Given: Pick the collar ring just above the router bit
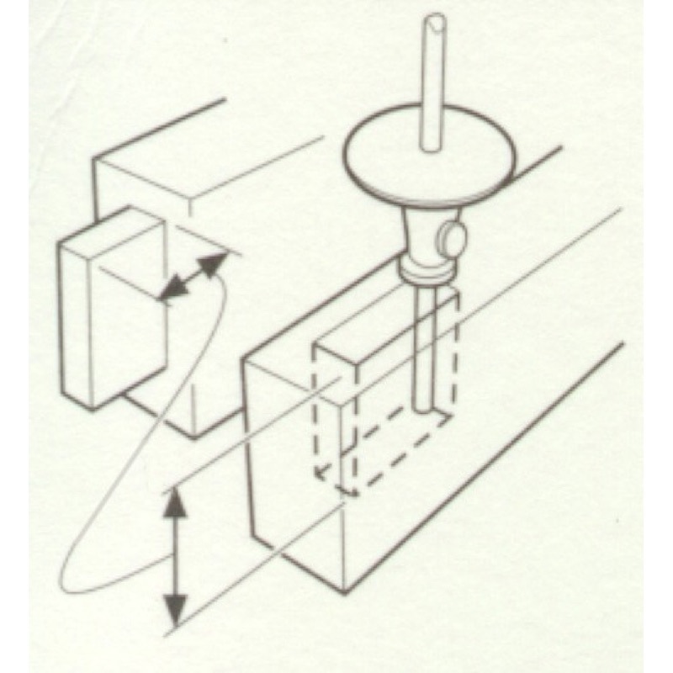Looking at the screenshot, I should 426,272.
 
